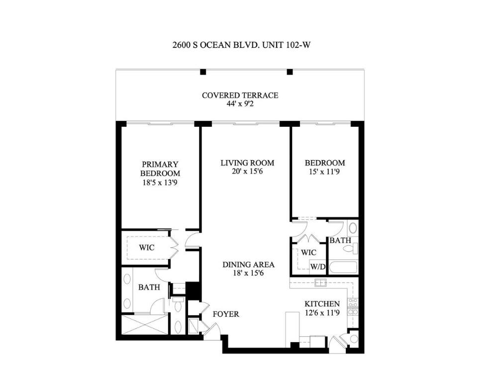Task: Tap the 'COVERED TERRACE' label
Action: click(x=240, y=95)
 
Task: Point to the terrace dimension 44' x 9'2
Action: click(x=240, y=104)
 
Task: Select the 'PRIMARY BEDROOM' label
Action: click(x=160, y=169)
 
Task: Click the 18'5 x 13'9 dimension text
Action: click(x=160, y=183)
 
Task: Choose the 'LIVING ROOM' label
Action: click(x=247, y=163)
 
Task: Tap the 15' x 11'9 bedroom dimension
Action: click(x=324, y=172)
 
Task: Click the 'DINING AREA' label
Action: click(x=248, y=265)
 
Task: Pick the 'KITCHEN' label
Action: click(x=322, y=304)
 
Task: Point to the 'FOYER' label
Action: click(x=226, y=314)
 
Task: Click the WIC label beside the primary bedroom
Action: click(x=146, y=248)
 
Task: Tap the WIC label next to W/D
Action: click(x=308, y=253)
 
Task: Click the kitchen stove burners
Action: click(x=352, y=306)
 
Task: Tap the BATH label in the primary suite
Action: click(x=149, y=287)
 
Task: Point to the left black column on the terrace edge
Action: click(x=202, y=72)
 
